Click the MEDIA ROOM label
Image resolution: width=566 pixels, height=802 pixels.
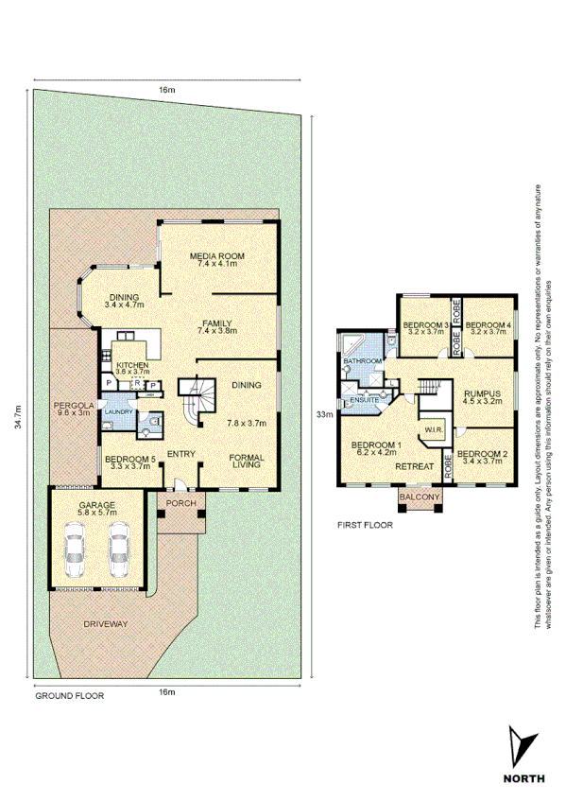tap(217, 256)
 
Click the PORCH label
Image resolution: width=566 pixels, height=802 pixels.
tap(180, 503)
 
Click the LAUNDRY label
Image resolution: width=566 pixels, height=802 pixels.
tap(117, 412)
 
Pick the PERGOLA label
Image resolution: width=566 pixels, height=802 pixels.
tap(73, 405)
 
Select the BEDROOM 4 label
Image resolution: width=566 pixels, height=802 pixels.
tap(489, 326)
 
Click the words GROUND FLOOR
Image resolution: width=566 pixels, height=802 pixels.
tap(69, 694)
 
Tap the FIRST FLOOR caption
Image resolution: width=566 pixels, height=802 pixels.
tap(364, 523)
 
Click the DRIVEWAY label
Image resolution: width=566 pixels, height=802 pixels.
tap(106, 625)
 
